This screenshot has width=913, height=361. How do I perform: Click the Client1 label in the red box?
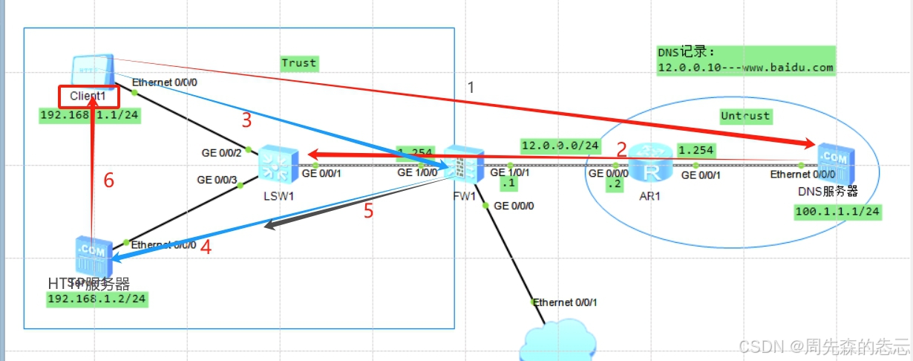(x=89, y=97)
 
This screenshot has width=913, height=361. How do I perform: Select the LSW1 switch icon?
(x=278, y=163)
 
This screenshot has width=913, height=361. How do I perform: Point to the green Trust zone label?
(x=299, y=63)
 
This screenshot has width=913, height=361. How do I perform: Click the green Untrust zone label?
(x=745, y=116)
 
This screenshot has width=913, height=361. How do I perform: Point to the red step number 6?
(x=108, y=180)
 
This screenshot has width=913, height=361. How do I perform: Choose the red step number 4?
(x=206, y=249)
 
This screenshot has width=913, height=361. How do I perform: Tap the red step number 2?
(x=621, y=148)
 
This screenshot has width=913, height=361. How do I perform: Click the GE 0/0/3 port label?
(x=217, y=180)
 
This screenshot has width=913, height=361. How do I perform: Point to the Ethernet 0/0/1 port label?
(x=565, y=302)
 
